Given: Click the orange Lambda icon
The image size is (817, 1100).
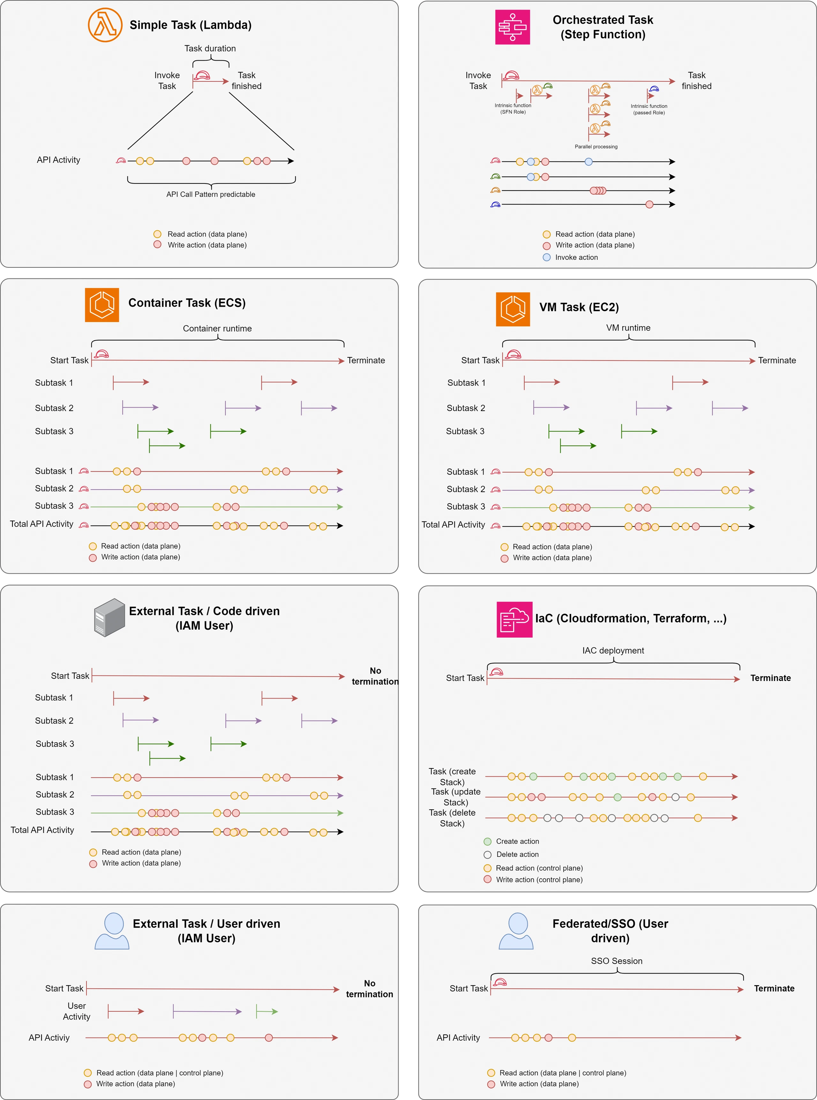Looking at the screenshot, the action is point(105,25).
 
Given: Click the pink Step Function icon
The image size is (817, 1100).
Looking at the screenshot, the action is point(512,27).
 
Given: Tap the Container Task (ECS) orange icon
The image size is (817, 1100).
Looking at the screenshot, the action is point(102,304).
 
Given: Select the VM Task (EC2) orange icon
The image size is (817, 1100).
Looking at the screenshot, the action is point(513,309).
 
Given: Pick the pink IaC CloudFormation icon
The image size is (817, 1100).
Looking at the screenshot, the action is point(514,619).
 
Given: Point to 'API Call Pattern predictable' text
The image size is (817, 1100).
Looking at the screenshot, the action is point(211,194).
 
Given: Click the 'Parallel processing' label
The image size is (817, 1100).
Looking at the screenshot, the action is point(596,146).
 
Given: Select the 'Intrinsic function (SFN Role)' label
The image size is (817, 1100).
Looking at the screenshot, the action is point(513,108).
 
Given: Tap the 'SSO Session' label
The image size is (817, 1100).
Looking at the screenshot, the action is point(617,961).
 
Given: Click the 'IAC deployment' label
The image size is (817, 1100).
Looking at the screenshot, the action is point(613,650).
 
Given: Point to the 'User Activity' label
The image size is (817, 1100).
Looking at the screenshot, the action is point(77,1011).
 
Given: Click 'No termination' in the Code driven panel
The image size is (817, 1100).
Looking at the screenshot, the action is point(375,676).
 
